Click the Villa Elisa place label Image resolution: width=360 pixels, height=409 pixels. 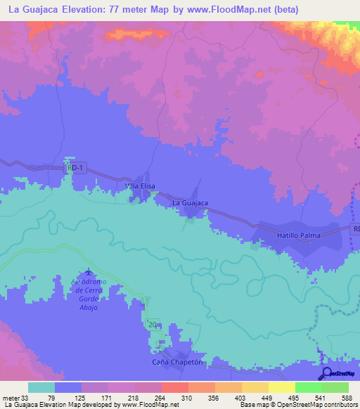click(140, 186)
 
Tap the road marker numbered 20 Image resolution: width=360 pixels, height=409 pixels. click(155, 324)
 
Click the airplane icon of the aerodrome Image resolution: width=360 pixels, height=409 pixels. click(88, 273)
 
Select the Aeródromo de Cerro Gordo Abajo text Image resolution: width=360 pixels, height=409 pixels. click(88, 294)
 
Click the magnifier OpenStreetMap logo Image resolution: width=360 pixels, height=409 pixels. click(327, 374)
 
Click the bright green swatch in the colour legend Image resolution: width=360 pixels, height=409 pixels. click(308, 387)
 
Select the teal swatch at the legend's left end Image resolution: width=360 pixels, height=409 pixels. click(41, 387)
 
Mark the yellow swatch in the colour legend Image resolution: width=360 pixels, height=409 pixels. click(281, 387)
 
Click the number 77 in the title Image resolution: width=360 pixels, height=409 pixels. click(142, 10)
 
